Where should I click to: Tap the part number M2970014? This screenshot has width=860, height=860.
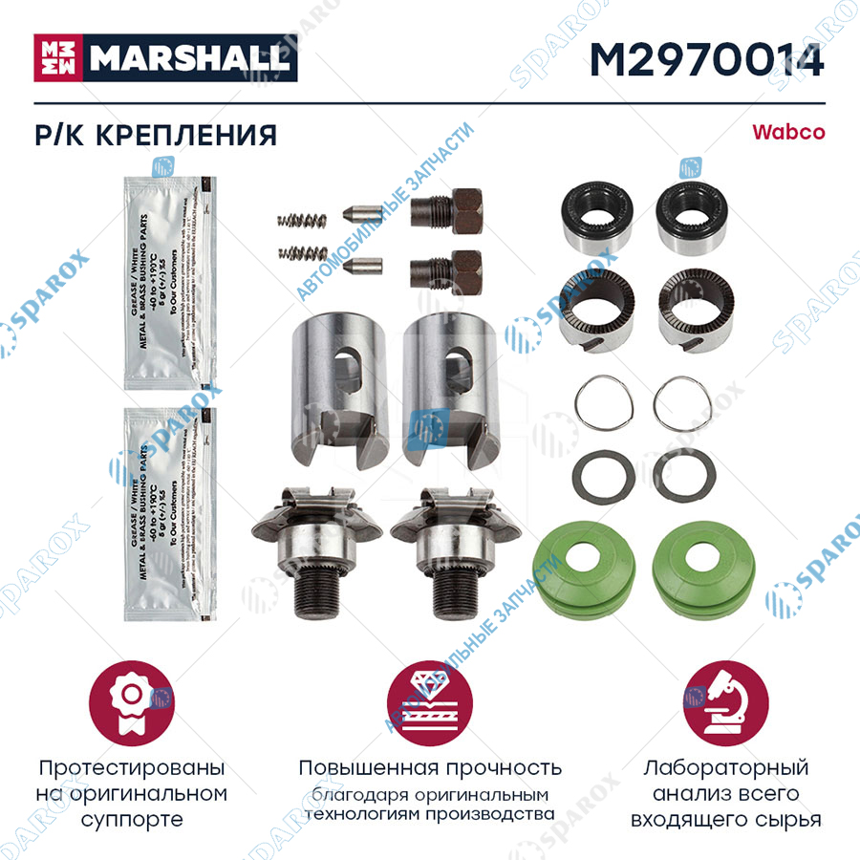[707, 60]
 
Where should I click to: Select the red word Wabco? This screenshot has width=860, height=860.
[788, 132]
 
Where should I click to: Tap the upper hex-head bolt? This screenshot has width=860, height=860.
[446, 207]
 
